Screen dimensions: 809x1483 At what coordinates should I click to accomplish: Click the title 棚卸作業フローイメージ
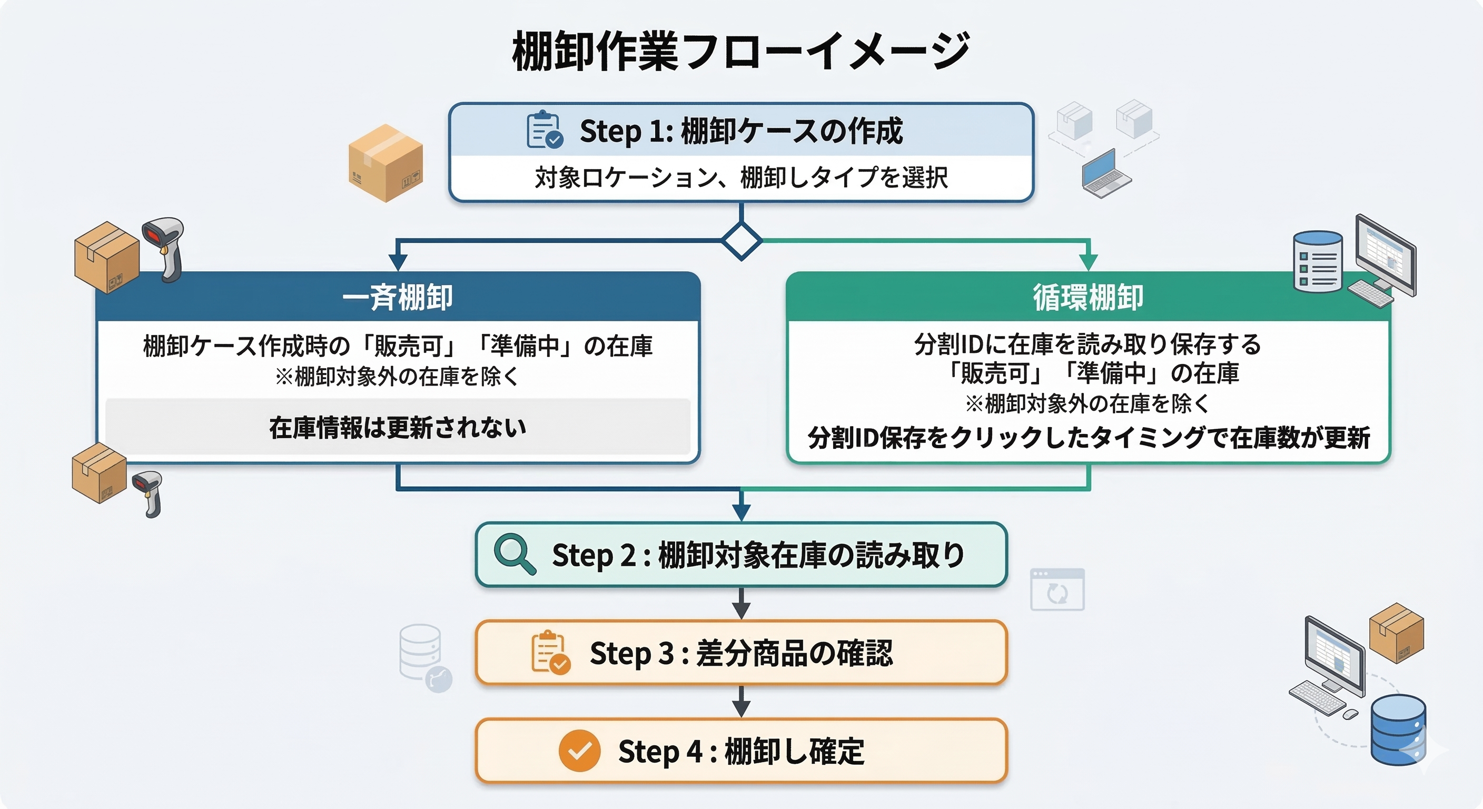(741, 52)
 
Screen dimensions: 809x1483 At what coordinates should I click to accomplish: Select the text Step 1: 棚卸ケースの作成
(741, 131)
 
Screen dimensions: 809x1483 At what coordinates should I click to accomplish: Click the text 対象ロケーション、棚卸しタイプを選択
(741, 177)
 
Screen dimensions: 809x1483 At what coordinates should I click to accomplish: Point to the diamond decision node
(741, 241)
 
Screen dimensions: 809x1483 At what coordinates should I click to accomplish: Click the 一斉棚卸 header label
(397, 298)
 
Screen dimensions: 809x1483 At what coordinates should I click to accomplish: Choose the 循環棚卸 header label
(1087, 298)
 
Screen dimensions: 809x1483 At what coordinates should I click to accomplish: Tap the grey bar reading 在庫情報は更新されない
(397, 427)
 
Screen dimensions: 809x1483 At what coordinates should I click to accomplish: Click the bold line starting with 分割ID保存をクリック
(1088, 438)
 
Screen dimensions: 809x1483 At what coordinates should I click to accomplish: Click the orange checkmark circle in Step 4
(579, 751)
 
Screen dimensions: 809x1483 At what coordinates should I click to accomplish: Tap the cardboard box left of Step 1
(385, 163)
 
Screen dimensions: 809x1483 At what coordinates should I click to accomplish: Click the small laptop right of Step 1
(1105, 173)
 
